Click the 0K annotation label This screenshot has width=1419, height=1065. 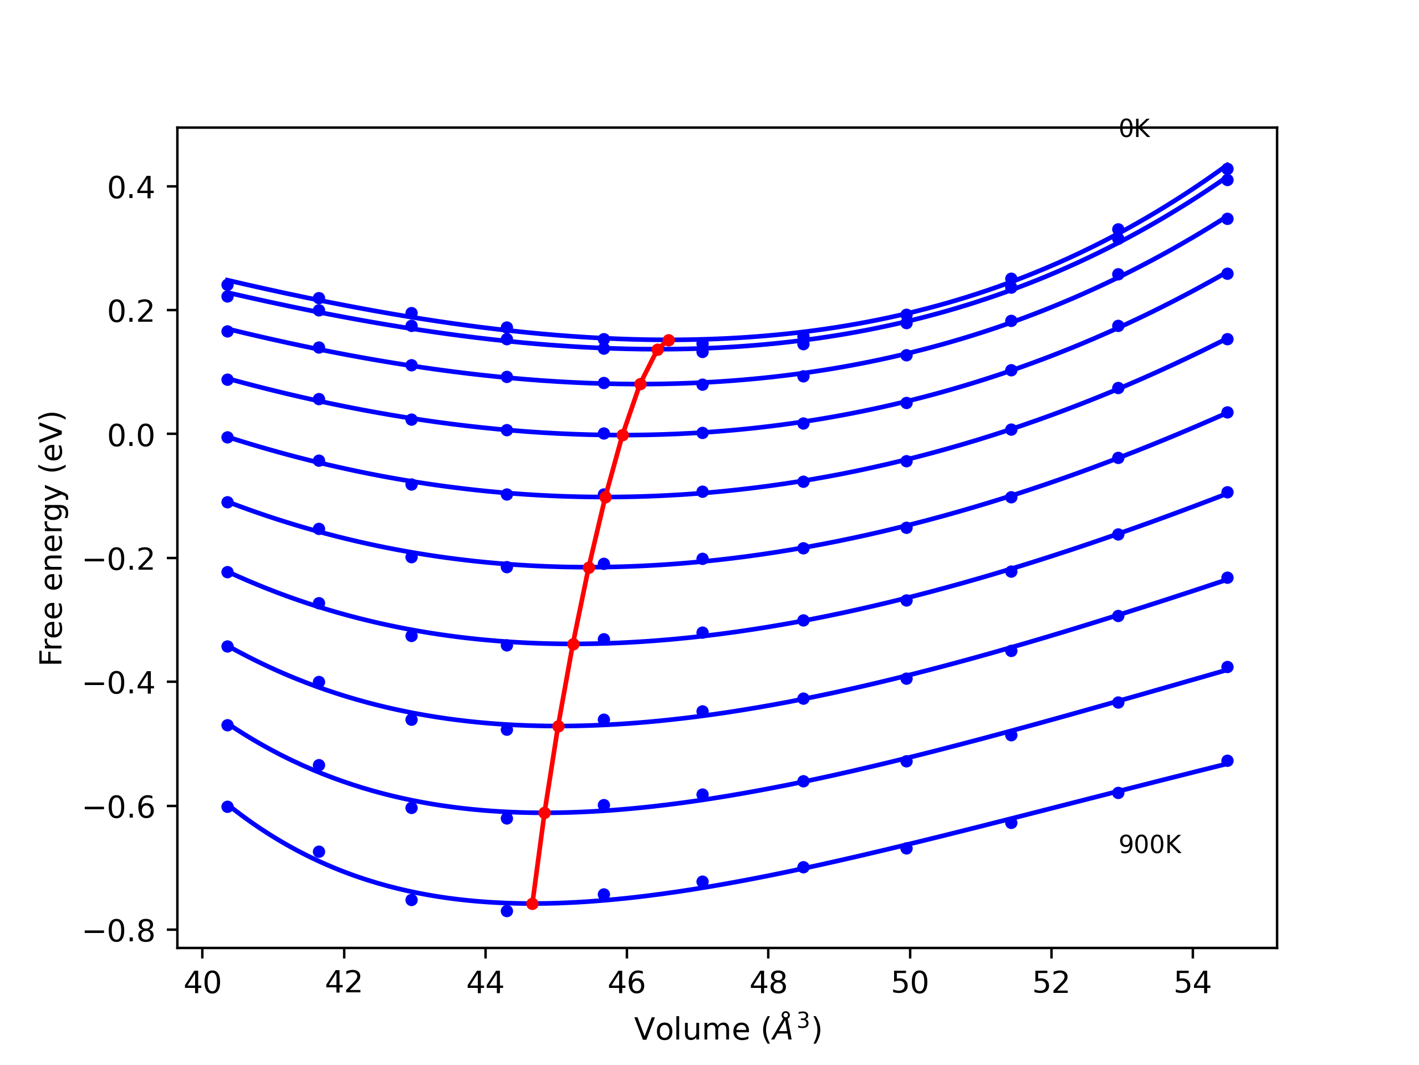click(x=1134, y=129)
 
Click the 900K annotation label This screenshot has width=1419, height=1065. click(x=1149, y=845)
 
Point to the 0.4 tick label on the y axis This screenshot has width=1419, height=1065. click(x=131, y=187)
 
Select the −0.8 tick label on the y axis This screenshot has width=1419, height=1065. click(x=119, y=931)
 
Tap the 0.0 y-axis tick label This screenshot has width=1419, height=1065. click(x=131, y=435)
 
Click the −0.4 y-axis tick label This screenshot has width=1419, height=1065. click(x=119, y=683)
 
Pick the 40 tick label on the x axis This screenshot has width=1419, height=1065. click(x=202, y=983)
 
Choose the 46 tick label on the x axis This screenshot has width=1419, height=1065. click(x=627, y=983)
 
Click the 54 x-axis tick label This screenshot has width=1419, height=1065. click(x=1192, y=983)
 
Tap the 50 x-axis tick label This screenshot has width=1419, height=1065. click(x=910, y=983)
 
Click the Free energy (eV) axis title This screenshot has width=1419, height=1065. click(x=52, y=538)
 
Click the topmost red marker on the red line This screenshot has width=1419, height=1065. click(x=668, y=340)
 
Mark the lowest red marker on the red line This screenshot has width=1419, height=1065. click(x=533, y=904)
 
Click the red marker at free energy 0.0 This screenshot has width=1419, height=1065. click(x=622, y=435)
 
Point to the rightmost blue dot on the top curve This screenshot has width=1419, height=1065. click(x=1227, y=169)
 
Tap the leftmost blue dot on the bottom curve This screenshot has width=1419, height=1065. click(x=228, y=807)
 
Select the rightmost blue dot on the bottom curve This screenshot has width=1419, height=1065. click(x=1227, y=762)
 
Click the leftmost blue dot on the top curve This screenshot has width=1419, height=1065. click(x=228, y=285)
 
